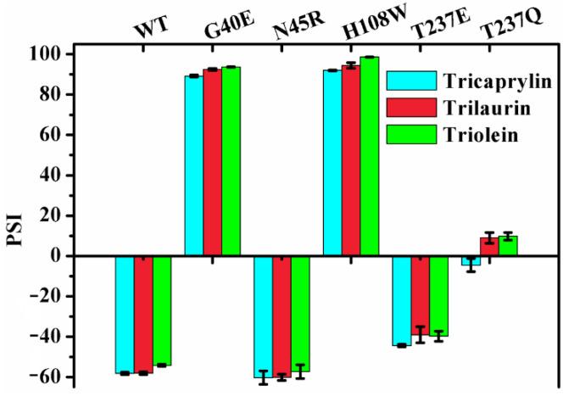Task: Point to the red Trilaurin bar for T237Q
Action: (489, 247)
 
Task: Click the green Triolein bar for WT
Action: (161, 310)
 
